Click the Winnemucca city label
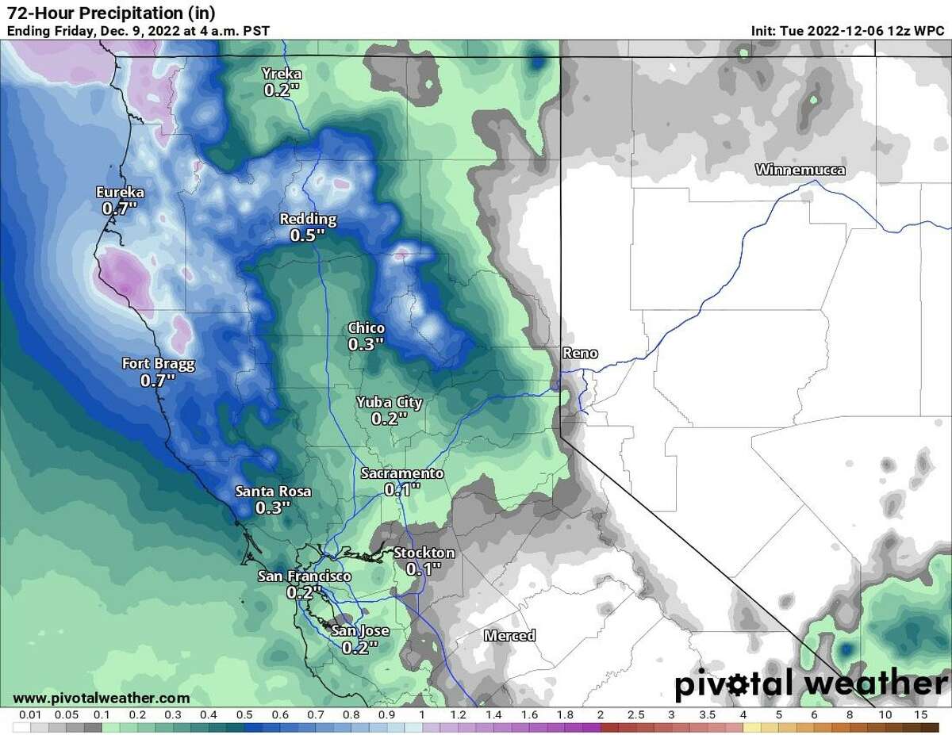tap(800, 170)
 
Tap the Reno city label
tap(580, 354)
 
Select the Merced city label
tap(509, 635)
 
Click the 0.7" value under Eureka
tap(120, 209)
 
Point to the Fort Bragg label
tap(158, 364)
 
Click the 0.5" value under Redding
tap(308, 235)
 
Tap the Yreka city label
tap(282, 75)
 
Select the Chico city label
tap(367, 328)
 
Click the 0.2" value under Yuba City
tap(389, 419)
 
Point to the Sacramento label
tap(401, 474)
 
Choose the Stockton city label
tap(424, 553)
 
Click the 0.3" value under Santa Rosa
tap(274, 508)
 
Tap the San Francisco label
tap(305, 576)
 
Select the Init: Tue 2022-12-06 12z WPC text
tap(850, 31)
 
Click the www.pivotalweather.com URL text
tap(102, 698)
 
